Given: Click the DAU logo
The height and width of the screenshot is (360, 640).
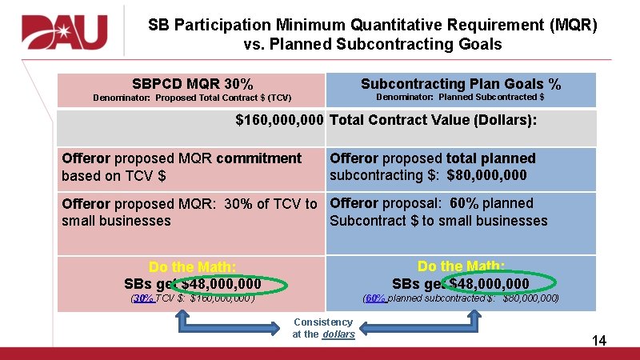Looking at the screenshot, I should (x=65, y=33).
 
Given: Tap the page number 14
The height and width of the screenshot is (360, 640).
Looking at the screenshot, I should (x=598, y=341).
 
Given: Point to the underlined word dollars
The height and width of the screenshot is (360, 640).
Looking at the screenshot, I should (x=338, y=334).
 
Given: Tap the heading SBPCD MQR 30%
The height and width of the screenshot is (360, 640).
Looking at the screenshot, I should (x=192, y=84).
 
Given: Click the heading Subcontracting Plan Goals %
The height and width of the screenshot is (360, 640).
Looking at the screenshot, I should (x=461, y=84).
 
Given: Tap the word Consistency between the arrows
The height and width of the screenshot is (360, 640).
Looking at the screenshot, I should (x=323, y=322).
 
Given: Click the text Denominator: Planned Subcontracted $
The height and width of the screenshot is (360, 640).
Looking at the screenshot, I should (x=460, y=98).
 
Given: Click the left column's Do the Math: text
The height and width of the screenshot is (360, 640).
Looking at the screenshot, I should (x=192, y=267).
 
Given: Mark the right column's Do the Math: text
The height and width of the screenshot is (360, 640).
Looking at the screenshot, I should (x=461, y=266).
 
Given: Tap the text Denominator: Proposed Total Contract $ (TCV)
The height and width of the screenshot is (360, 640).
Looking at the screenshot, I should (x=192, y=98).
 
